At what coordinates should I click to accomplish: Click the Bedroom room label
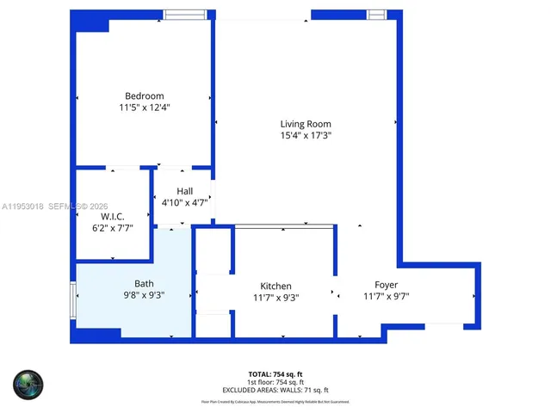coord(144,96)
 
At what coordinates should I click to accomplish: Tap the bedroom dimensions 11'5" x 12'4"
coord(144,108)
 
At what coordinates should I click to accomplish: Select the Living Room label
coord(306,123)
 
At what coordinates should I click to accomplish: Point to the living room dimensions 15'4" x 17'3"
coord(306,135)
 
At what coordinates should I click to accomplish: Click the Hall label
coord(184,191)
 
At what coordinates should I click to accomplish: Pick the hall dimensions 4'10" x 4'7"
coord(184,203)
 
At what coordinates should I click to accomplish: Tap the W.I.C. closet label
coord(113,217)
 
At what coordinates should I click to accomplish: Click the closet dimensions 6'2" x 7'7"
coord(113,229)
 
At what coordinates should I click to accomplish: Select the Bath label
coord(144,284)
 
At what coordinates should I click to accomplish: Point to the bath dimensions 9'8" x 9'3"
coord(144,295)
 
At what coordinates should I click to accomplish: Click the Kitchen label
coord(276,287)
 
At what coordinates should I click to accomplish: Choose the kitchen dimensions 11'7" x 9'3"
coord(276,298)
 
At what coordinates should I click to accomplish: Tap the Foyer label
coord(386,285)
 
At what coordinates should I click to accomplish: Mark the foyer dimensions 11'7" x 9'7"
coord(386,297)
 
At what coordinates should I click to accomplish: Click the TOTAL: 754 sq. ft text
coord(275,373)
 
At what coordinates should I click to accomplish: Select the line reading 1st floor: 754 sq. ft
coord(275,381)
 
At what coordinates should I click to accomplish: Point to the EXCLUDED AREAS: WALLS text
coord(275,389)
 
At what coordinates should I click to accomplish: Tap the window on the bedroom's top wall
coord(185,14)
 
